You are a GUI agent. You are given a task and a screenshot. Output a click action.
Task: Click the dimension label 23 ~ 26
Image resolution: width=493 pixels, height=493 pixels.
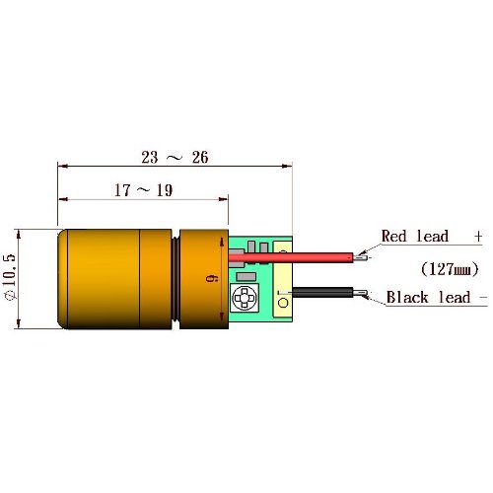[x=175, y=157]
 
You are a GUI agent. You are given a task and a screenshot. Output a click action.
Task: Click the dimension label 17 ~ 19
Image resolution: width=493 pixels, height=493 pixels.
[x=143, y=190]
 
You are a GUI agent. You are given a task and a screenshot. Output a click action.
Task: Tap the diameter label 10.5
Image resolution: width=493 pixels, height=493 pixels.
[x=10, y=277]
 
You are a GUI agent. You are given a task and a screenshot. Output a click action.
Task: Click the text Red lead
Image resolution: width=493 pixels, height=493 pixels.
[x=415, y=236]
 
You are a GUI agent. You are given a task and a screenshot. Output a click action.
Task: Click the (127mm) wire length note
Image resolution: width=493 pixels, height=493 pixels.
[x=450, y=269]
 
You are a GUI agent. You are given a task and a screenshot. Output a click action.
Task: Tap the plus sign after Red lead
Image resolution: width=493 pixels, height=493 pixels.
[x=478, y=236]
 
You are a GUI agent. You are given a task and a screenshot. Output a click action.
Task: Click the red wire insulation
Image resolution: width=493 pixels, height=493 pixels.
[x=291, y=257]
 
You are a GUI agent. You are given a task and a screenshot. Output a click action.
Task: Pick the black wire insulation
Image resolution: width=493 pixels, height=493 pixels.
[x=322, y=292]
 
